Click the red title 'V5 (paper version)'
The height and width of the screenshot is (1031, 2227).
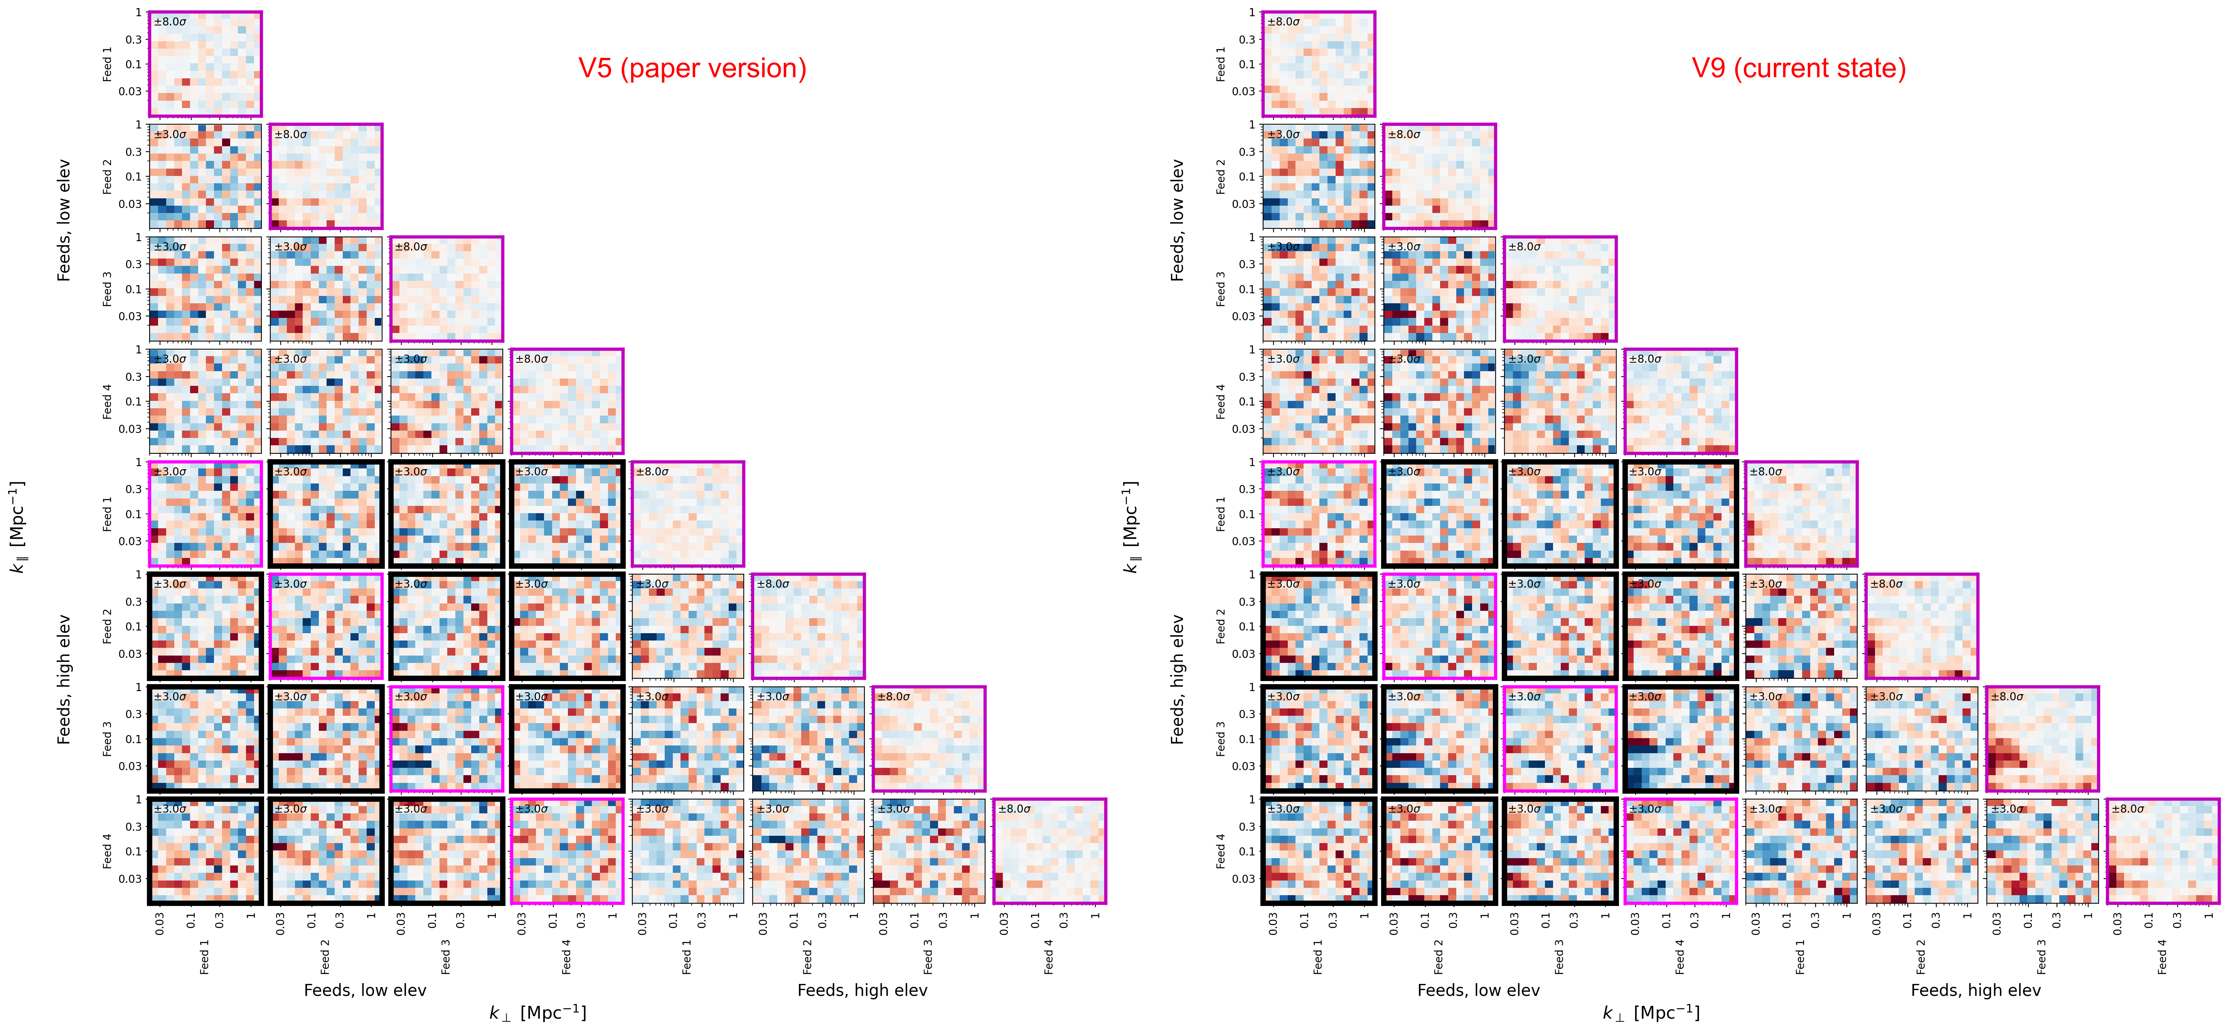[692, 68]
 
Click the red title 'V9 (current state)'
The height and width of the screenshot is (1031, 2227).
[1798, 68]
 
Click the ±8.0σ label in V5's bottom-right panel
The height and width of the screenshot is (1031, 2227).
[1014, 809]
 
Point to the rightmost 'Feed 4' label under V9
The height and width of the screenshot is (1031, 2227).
[2162, 957]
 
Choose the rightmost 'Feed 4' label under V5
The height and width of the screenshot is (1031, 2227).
[1049, 957]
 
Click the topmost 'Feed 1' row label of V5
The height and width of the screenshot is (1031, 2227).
[107, 64]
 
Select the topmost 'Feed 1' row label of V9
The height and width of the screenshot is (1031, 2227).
[1221, 64]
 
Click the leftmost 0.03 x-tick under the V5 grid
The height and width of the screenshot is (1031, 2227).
[160, 924]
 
